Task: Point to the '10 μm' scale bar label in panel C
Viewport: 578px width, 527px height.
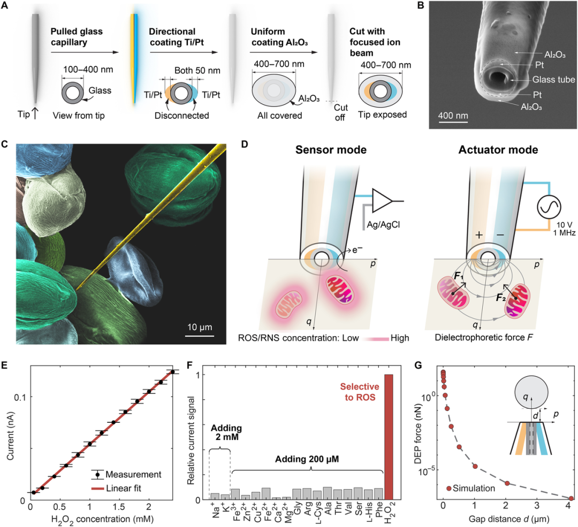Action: pos(200,327)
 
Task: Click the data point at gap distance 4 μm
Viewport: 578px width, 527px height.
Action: pos(571,498)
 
